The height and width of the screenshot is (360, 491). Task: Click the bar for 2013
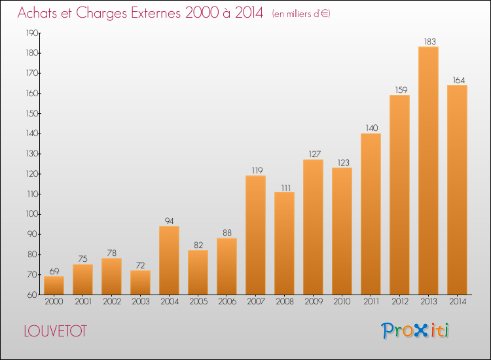428,171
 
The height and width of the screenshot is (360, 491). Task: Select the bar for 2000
54,285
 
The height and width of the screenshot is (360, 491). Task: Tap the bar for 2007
255,235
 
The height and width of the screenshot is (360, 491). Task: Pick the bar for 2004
169,260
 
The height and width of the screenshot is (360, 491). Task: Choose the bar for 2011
371,214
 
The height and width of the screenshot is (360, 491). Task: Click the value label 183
429,41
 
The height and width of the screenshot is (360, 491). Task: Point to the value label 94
169,221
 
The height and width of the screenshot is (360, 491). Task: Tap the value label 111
286,188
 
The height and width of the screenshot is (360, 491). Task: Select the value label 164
459,80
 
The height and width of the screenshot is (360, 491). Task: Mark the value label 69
54,271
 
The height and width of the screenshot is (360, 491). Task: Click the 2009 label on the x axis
314,302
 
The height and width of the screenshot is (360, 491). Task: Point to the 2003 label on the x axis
141,302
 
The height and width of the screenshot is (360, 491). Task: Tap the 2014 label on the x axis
458,302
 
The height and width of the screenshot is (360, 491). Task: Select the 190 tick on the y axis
32,33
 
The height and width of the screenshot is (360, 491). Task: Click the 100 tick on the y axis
32,214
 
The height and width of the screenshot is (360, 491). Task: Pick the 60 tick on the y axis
33,295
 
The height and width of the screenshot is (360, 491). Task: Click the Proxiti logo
415,331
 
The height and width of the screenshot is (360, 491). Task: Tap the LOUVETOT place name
55,331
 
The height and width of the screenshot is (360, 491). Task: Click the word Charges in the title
101,13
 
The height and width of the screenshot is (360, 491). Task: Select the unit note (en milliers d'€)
301,14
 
